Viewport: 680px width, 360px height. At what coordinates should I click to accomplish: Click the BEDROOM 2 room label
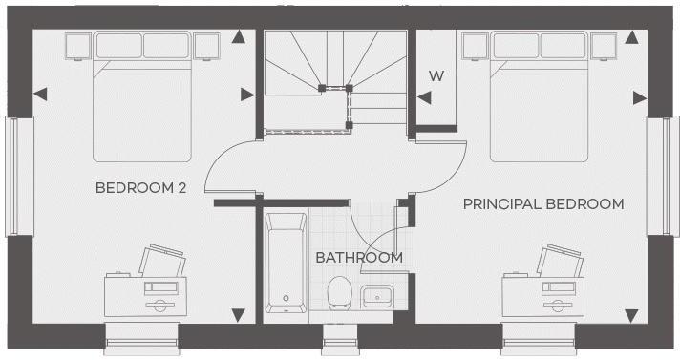coord(140,188)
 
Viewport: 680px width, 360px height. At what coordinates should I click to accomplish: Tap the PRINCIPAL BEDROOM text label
coord(543,203)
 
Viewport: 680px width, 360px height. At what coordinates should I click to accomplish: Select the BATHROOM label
coord(359,257)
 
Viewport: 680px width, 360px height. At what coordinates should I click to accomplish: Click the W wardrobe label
coord(436,75)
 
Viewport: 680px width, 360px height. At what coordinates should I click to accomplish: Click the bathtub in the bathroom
coord(286,264)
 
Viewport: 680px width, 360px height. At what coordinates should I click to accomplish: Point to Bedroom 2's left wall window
coord(12,176)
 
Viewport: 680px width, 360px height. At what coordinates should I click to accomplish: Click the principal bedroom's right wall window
coord(659,176)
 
